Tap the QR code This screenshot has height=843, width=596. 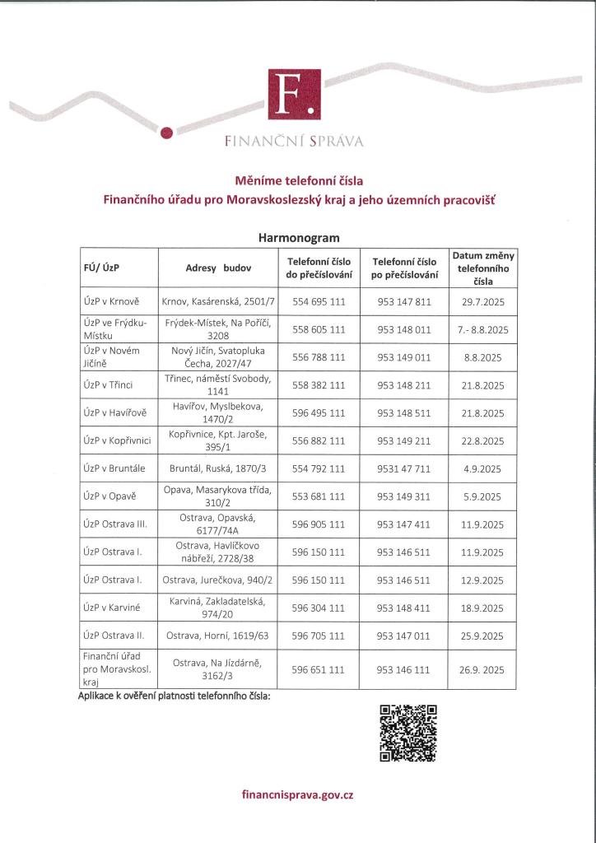pyautogui.click(x=408, y=733)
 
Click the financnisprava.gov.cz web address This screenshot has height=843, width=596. pyautogui.click(x=298, y=795)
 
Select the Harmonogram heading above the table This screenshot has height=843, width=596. pyautogui.click(x=299, y=237)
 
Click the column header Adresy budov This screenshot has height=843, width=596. pyautogui.click(x=219, y=268)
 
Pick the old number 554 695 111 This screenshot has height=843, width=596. pyautogui.click(x=319, y=302)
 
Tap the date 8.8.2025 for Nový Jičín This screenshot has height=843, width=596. pyautogui.click(x=483, y=357)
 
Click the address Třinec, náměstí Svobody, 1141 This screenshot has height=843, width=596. pyautogui.click(x=219, y=384)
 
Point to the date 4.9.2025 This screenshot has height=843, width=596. pyautogui.click(x=483, y=468)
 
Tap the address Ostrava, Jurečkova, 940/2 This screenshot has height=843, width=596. pyautogui.click(x=219, y=580)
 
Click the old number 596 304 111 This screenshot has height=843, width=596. pyautogui.click(x=319, y=608)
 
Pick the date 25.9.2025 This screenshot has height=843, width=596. pyautogui.click(x=483, y=635)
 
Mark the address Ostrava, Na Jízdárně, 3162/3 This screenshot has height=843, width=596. pyautogui.click(x=219, y=669)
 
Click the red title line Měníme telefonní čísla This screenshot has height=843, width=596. pyautogui.click(x=299, y=179)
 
